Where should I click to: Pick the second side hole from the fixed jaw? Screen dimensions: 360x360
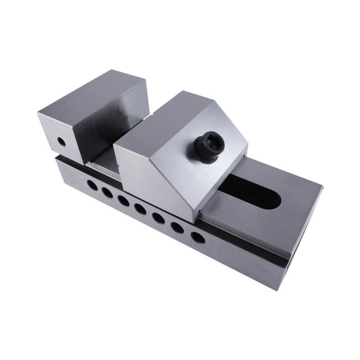107,192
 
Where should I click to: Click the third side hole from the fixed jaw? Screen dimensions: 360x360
123,201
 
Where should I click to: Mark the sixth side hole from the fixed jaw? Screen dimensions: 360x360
177,227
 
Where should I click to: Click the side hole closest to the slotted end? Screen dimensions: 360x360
198,237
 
